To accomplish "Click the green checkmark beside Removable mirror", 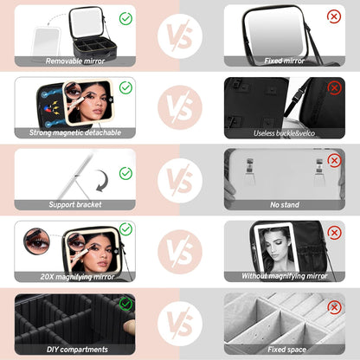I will click(x=125, y=16).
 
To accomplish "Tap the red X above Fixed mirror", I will click(x=334, y=16).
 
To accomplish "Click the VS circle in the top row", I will click(x=180, y=35).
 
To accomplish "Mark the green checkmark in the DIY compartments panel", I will click(x=125, y=304).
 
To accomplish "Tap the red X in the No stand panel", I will click(x=334, y=160).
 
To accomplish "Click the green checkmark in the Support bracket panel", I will click(x=125, y=173).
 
